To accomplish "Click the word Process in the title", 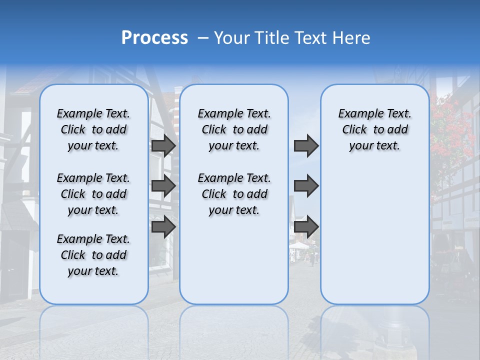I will tap(154, 38).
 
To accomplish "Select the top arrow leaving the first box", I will tap(163, 145).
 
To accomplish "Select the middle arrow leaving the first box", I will tap(163, 186).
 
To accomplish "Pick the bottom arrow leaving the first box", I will tap(163, 227).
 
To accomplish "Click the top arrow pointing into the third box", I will tap(306, 145).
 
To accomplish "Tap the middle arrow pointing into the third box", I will tap(306, 186).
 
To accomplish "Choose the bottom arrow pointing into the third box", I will tap(306, 227).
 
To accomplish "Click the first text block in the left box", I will tap(93, 129).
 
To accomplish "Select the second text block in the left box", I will tap(93, 194).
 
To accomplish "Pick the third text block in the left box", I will tap(93, 255).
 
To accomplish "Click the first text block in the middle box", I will tap(234, 129).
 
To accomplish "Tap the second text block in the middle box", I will tap(234, 194).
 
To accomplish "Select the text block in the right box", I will tap(374, 129).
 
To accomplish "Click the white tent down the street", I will tap(299, 245).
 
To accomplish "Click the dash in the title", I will tap(203, 38).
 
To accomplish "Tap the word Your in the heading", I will tap(232, 38).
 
